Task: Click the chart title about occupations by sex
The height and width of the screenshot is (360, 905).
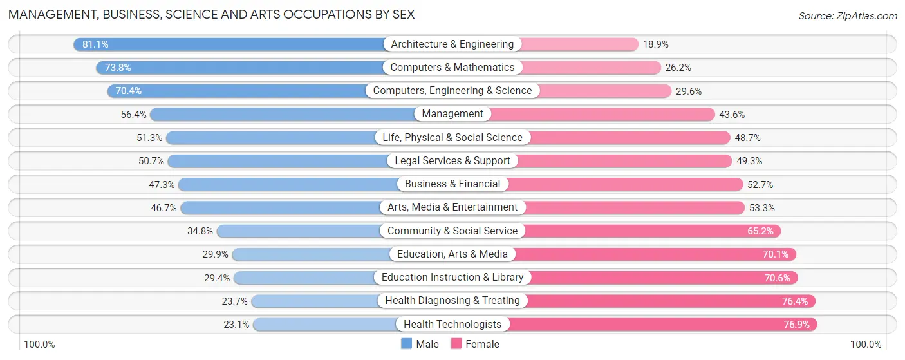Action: (211, 14)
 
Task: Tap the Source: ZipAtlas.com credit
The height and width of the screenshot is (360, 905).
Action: (847, 15)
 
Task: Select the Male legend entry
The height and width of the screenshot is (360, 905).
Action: (420, 344)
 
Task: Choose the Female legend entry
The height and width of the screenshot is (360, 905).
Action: (475, 344)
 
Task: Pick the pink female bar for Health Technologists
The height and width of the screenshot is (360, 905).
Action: (663, 325)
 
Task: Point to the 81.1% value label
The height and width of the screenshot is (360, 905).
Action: (95, 44)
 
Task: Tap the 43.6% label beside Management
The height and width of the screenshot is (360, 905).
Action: (732, 115)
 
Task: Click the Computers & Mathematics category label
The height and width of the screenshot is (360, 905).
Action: (452, 68)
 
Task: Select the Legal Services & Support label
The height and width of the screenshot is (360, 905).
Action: (452, 161)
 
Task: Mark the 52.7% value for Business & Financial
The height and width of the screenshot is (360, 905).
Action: (760, 185)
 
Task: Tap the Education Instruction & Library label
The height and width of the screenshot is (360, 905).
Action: (452, 278)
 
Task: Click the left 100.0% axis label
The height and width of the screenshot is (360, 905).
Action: (39, 345)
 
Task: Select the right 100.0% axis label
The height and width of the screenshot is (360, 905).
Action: (865, 345)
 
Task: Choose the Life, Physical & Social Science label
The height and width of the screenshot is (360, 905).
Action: (452, 138)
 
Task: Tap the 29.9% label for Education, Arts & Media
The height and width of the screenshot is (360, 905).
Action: (215, 254)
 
